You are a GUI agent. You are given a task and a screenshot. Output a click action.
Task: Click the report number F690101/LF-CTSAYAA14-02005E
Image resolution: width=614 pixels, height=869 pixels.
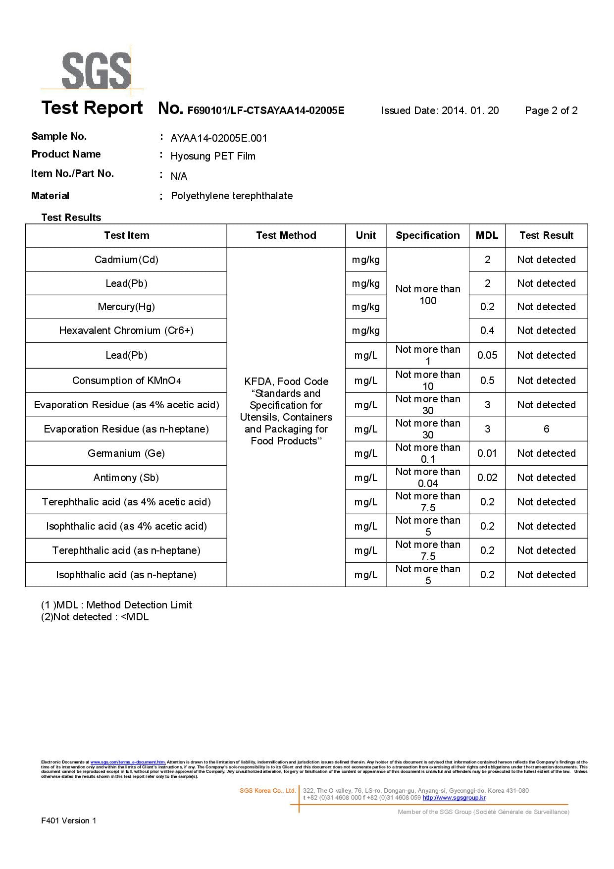(265, 110)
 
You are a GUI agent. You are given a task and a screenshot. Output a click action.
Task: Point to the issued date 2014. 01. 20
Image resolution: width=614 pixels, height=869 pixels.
(470, 110)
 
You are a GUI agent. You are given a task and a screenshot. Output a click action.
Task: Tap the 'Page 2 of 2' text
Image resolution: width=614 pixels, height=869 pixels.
(551, 110)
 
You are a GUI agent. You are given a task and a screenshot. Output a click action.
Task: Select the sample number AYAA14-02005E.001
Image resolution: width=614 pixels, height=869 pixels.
(219, 138)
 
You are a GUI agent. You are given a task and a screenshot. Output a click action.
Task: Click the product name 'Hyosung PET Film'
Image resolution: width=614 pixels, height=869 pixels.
(213, 156)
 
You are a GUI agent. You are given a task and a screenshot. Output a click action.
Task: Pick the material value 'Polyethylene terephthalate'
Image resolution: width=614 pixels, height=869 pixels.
(232, 196)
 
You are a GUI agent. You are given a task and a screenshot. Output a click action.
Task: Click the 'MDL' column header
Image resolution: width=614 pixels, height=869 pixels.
(487, 235)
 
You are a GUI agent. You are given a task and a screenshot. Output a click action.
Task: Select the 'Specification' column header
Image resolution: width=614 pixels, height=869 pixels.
(427, 235)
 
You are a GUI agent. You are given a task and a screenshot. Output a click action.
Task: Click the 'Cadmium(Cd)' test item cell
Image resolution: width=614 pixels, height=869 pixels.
(126, 260)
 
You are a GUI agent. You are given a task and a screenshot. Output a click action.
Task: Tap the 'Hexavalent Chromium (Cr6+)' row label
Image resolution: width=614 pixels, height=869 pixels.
(126, 330)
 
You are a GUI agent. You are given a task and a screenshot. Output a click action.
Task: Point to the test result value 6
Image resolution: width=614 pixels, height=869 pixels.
(546, 429)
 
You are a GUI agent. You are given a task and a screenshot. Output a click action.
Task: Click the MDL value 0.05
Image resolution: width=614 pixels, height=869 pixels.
(487, 355)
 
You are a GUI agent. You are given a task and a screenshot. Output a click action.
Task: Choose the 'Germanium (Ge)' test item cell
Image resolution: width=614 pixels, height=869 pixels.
(126, 453)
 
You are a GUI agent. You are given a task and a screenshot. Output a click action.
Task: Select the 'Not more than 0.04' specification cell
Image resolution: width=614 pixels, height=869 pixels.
(428, 478)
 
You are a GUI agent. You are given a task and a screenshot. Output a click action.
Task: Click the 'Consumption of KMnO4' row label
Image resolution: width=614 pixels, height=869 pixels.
(126, 380)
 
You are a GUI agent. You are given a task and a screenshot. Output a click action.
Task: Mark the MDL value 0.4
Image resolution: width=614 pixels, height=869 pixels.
(487, 330)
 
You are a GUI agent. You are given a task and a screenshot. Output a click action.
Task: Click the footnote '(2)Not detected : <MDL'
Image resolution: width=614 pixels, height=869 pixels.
(95, 617)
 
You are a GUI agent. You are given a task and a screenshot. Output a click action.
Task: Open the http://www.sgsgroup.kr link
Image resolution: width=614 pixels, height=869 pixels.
(454, 798)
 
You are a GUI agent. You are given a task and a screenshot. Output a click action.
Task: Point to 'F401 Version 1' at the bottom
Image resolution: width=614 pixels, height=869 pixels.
(69, 820)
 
